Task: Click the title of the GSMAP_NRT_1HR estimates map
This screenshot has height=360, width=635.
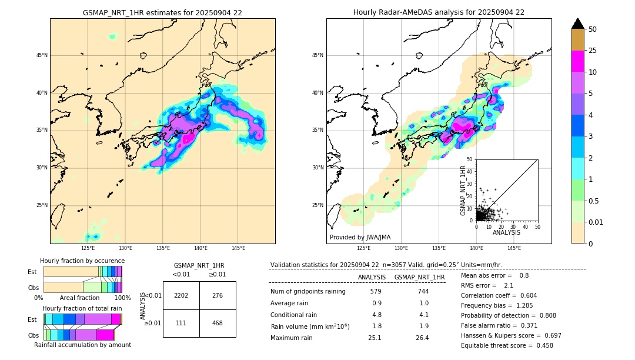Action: (x=162, y=12)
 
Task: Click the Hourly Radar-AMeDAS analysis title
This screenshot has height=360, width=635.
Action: (x=439, y=12)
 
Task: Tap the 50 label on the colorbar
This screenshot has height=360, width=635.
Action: (x=593, y=29)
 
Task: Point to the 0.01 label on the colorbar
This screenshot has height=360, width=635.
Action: (x=595, y=222)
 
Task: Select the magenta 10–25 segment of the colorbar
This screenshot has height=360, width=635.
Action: (x=577, y=61)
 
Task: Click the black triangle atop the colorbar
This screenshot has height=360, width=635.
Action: (x=577, y=24)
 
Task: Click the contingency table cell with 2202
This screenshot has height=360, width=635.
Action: (x=181, y=295)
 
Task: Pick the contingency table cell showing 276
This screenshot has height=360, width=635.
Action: (x=218, y=295)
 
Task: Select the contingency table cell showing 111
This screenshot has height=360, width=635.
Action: (x=181, y=323)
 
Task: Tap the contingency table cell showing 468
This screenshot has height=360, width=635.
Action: (x=218, y=323)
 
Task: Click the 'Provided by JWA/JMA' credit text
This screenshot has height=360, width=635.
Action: (x=360, y=238)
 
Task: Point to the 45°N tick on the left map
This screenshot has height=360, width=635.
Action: (x=42, y=55)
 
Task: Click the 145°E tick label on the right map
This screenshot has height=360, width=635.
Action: (x=514, y=248)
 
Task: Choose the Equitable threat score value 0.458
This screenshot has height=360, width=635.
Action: (x=541, y=345)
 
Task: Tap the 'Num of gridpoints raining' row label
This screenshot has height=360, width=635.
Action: (x=308, y=291)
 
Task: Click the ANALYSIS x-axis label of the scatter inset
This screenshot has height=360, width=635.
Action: (x=506, y=232)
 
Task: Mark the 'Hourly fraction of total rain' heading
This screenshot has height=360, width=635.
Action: (x=82, y=308)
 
